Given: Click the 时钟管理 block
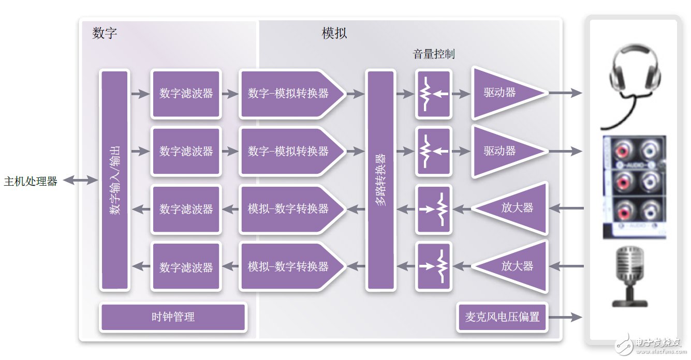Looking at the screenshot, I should coord(173,317).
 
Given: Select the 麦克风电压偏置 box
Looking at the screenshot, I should coord(502,317).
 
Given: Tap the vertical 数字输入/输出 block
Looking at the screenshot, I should coord(114,180).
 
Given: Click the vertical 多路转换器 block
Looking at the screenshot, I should coord(381,180).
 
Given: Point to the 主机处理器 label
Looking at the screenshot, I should coord(31,181).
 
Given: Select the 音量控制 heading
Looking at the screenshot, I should coord(434,54).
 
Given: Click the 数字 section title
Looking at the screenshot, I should coord(105,34).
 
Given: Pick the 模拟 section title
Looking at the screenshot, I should coord(334,34).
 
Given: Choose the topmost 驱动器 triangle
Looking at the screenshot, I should coord(505,93).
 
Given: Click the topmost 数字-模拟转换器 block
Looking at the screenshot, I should coord(290,94).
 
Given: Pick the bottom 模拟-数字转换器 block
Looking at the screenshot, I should coord(290,267).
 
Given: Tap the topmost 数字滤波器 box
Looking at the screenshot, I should coord(186,94).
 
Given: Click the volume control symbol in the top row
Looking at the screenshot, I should coord(433,94).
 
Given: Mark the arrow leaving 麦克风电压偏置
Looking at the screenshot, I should coord(566,317).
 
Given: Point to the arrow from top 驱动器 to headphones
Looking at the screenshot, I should coord(565,93).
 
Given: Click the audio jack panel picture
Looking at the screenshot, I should coord(634,187).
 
